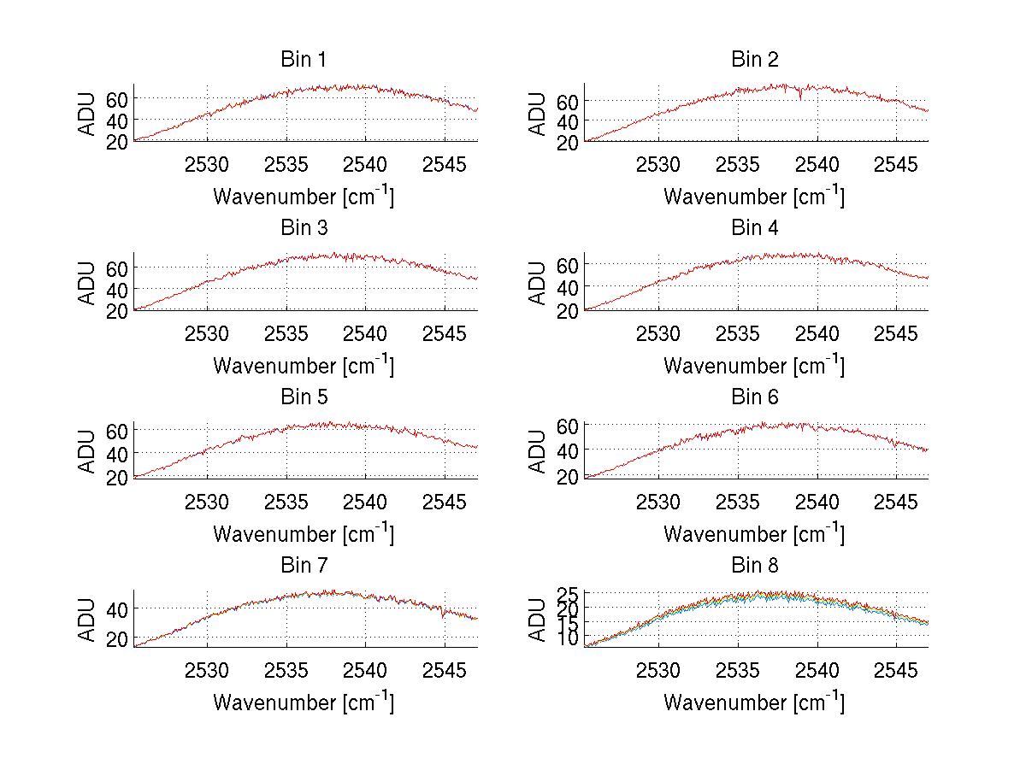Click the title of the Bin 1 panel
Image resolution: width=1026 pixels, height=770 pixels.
pyautogui.click(x=304, y=60)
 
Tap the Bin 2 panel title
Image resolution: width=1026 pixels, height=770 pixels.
pyautogui.click(x=754, y=60)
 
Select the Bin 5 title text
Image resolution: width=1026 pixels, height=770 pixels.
pyautogui.click(x=304, y=397)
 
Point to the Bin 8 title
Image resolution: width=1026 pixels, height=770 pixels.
pyautogui.click(x=754, y=566)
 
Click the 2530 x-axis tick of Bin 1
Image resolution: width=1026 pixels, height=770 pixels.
pyautogui.click(x=207, y=164)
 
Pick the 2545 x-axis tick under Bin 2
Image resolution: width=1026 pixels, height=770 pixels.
pyautogui.click(x=895, y=164)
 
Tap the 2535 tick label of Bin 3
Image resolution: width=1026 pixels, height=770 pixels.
pyautogui.click(x=286, y=333)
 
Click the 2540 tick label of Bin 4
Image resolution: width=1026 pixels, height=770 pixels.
pyautogui.click(x=817, y=333)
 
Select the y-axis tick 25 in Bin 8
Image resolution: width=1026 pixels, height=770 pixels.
pyautogui.click(x=569, y=593)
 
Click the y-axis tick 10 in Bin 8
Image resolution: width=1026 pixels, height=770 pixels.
pyautogui.click(x=569, y=638)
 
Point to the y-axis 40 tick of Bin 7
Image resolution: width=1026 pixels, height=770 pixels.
pyautogui.click(x=118, y=608)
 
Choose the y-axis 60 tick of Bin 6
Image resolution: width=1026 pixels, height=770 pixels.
pyautogui.click(x=569, y=425)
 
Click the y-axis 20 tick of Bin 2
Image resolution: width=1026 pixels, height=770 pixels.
pyautogui.click(x=569, y=143)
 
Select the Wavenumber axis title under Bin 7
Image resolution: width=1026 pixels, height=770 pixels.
pyautogui.click(x=304, y=702)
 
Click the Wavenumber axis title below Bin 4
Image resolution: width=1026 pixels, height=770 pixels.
pyautogui.click(x=754, y=365)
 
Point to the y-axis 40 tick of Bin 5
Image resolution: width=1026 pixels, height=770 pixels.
pyautogui.click(x=118, y=452)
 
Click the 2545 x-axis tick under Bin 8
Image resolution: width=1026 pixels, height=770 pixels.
pyautogui.click(x=895, y=670)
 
